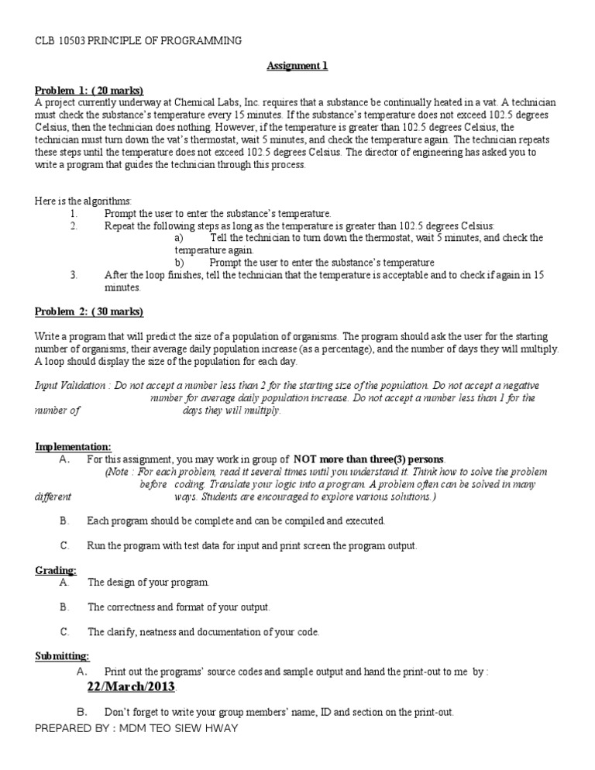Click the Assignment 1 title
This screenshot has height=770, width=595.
pos(297,66)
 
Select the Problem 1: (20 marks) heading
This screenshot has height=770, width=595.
pos(89,90)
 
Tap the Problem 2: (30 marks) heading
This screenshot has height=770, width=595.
pos(89,311)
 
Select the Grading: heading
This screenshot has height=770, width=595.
pos(56,570)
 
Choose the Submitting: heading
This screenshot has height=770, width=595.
pos(62,656)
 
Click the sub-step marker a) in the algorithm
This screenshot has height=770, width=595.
pos(179,238)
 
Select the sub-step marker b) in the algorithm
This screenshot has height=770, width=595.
pos(179,263)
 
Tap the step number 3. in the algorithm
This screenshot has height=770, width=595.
pos(74,274)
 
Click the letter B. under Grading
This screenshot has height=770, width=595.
pos(64,607)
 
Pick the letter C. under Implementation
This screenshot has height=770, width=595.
pos(64,545)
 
